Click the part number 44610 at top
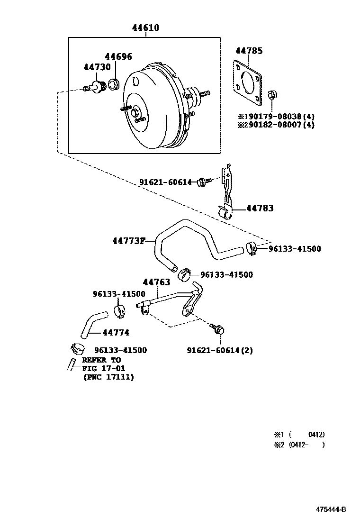(x=145, y=27)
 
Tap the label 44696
(x=118, y=56)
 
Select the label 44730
(x=97, y=67)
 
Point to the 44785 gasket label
(x=249, y=51)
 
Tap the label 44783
(x=260, y=208)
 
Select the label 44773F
(x=129, y=241)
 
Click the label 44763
(x=156, y=282)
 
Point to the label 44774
(x=116, y=332)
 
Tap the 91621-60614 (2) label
(x=220, y=350)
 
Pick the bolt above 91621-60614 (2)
(x=217, y=329)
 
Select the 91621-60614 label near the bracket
(x=165, y=182)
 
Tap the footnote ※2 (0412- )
(x=299, y=445)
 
